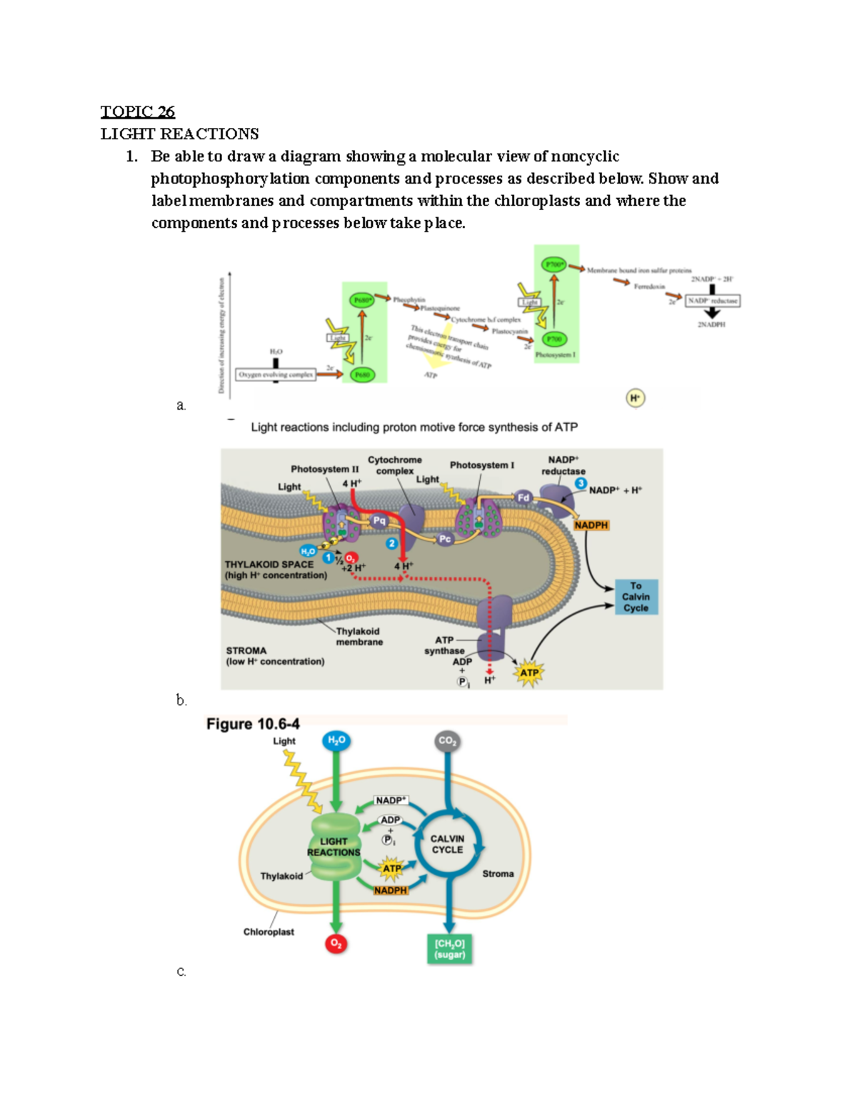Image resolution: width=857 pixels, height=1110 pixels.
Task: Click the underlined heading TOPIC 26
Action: (x=137, y=112)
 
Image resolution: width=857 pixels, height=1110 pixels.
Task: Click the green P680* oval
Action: (x=361, y=300)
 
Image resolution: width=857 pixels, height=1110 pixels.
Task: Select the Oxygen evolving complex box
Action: (x=276, y=375)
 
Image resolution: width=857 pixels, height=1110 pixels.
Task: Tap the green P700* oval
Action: (x=554, y=264)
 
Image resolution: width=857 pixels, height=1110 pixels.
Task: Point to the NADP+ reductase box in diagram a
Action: (x=712, y=301)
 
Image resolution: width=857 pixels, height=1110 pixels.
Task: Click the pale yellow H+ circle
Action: (x=636, y=398)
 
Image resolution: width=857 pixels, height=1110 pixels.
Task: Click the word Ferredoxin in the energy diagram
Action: (x=649, y=287)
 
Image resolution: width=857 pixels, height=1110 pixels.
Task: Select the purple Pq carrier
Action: (x=379, y=521)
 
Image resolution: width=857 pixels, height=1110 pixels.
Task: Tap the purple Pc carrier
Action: (x=445, y=539)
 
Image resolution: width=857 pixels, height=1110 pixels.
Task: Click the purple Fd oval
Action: (x=523, y=497)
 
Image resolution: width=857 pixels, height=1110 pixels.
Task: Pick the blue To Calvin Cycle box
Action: (x=636, y=597)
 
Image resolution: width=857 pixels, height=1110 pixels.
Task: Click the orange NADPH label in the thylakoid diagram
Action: (x=591, y=525)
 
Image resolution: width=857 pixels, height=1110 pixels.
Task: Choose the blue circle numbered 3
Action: (x=581, y=484)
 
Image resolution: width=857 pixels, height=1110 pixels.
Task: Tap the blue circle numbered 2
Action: (x=391, y=544)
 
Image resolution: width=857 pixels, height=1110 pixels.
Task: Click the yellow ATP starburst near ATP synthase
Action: (x=529, y=673)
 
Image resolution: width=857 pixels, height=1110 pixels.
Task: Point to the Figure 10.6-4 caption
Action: (x=253, y=724)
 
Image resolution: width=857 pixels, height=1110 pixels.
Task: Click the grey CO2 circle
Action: (x=447, y=741)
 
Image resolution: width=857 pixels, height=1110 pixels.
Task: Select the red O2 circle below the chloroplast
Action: (x=336, y=944)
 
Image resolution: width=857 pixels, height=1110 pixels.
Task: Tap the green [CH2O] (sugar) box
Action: (x=450, y=949)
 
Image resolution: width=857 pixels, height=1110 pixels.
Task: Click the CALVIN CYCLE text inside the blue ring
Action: (x=447, y=844)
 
